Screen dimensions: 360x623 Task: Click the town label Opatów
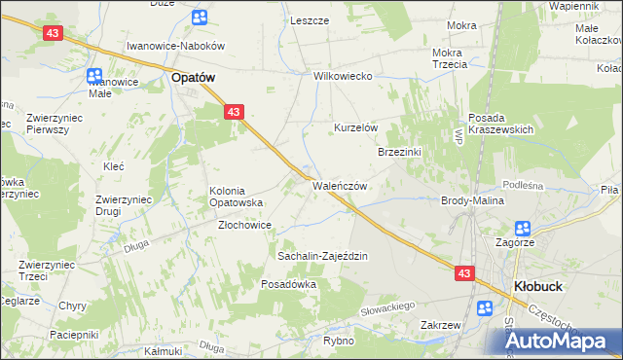tap(193, 77)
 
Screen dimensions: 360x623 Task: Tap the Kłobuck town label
tap(534, 287)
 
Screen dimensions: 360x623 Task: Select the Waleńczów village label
tap(339, 187)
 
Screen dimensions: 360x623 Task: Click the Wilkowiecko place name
tap(344, 76)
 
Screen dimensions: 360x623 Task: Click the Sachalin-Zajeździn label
tap(322, 256)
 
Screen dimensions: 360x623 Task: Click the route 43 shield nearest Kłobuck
tap(464, 274)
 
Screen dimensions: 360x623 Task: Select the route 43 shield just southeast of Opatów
tap(233, 113)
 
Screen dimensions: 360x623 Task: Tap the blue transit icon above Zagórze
tap(523, 229)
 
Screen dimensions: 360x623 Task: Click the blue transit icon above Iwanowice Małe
tap(95, 75)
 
